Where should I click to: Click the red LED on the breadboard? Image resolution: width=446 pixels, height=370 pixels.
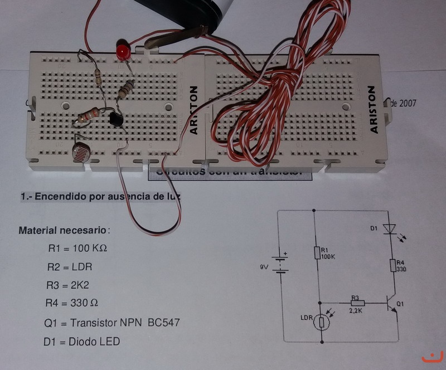[122, 50]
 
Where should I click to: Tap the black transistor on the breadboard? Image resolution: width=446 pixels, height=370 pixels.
[117, 119]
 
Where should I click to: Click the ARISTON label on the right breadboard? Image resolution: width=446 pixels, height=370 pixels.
[374, 110]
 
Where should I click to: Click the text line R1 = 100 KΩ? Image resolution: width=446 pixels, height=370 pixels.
[77, 248]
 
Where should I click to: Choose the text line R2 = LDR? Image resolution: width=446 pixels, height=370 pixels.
[70, 267]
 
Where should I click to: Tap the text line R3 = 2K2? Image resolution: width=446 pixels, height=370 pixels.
[68, 285]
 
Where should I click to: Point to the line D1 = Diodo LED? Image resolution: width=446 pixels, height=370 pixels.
[81, 341]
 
